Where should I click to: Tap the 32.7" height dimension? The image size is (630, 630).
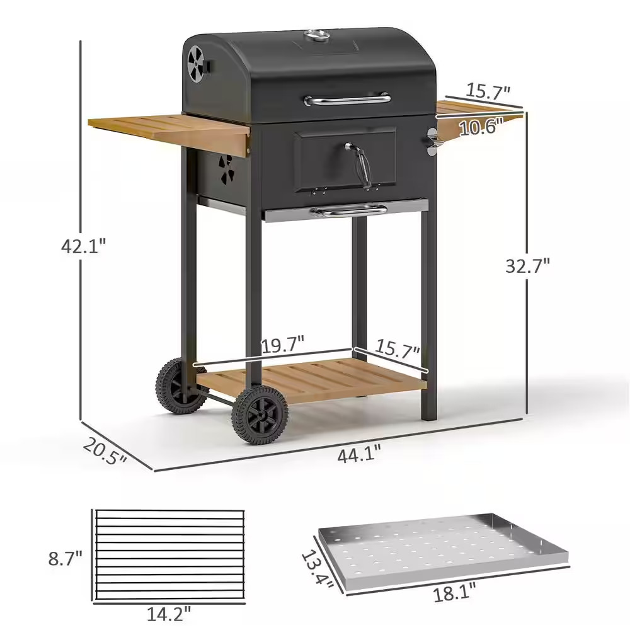pos(527,265)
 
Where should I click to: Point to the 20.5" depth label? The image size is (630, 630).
pos(104,451)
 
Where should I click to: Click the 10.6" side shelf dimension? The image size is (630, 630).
pos(481,127)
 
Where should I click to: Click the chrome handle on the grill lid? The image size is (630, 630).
pos(346,99)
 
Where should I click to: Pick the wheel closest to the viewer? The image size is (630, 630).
pos(260,416)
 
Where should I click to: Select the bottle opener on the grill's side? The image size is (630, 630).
pos(432,140)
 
